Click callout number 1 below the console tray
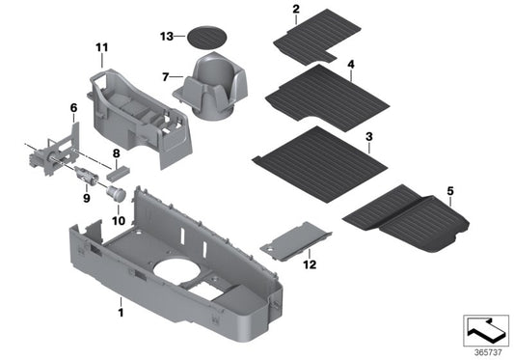[x=121, y=314]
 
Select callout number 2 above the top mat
[x=296, y=11]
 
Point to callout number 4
[x=351, y=65]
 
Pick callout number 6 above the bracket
[x=72, y=107]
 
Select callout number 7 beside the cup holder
[x=165, y=76]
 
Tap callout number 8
[x=116, y=152]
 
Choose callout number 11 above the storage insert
[x=102, y=47]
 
